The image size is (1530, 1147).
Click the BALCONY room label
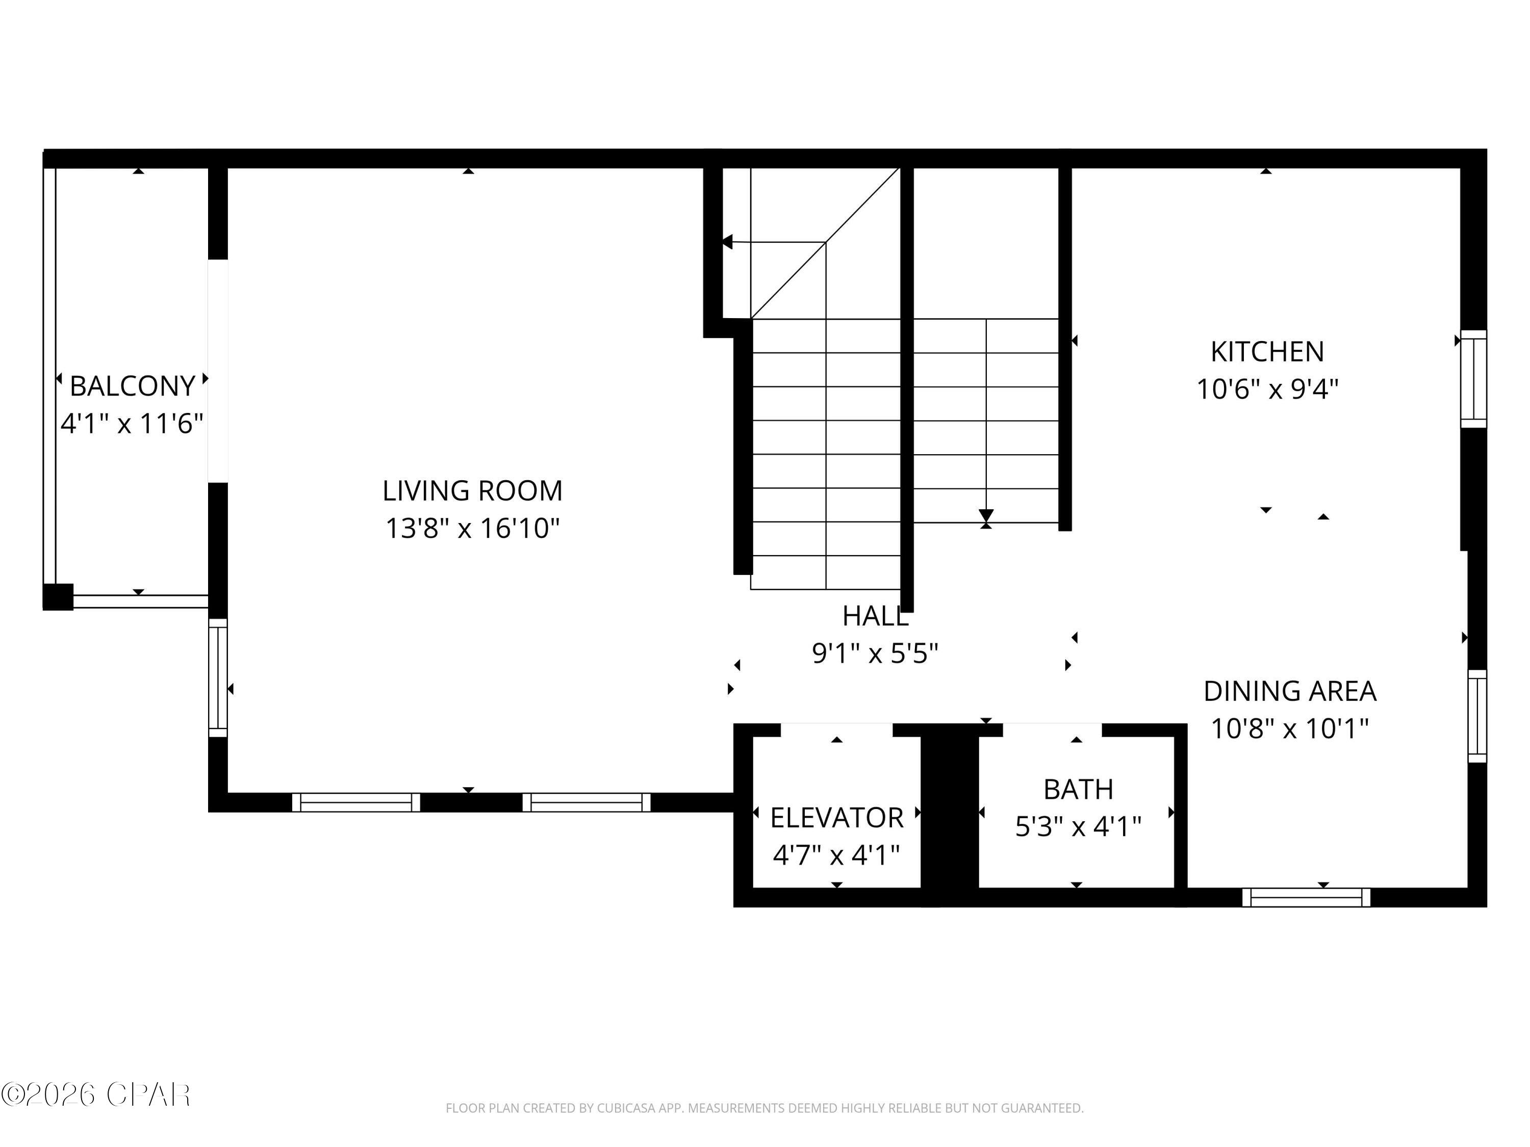click(x=132, y=386)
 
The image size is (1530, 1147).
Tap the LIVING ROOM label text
click(x=472, y=491)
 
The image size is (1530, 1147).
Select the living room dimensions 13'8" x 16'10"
click(x=472, y=528)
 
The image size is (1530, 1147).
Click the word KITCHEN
click(x=1267, y=352)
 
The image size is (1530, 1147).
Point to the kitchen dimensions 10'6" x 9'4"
click(x=1267, y=389)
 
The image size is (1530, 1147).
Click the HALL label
click(x=875, y=616)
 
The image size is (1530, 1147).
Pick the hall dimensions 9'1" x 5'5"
click(x=875, y=653)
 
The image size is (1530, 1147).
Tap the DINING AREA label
click(x=1290, y=691)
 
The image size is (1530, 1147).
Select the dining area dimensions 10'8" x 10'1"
click(x=1290, y=728)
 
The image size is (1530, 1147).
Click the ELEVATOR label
click(x=836, y=818)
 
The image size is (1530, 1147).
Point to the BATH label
click(x=1078, y=789)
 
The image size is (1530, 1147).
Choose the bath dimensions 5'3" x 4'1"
click(x=1078, y=826)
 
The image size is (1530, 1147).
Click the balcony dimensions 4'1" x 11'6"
click(x=132, y=423)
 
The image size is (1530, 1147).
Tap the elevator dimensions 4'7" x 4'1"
click(x=836, y=855)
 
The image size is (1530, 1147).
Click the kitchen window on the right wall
click(x=1473, y=379)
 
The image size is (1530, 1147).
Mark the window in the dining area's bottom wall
click(x=1306, y=897)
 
